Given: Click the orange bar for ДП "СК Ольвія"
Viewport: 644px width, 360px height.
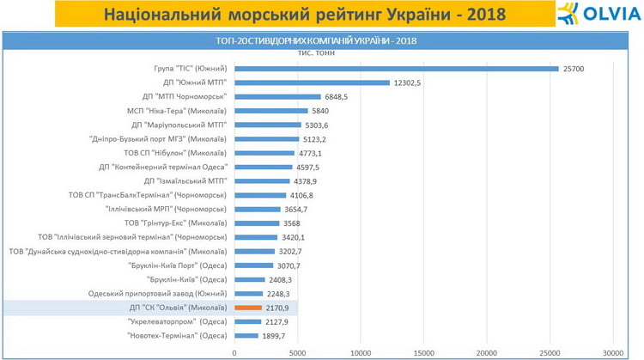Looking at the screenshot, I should tap(247, 307).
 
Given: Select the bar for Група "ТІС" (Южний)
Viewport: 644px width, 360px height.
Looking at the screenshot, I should tap(395, 69).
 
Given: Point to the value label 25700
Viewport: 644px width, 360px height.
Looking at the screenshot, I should tap(573, 69).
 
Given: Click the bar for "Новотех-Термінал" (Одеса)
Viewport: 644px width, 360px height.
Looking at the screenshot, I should tap(246, 335).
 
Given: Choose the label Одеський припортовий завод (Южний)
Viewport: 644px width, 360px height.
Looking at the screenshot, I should tap(158, 293).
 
